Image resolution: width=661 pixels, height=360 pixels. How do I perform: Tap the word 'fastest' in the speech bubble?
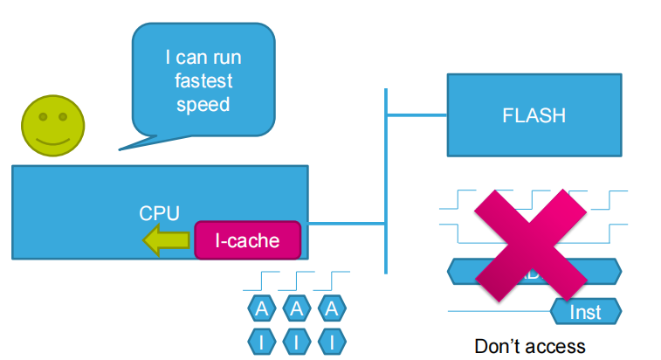pos(203,81)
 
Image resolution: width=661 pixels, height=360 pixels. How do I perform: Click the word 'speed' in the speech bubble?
pos(203,104)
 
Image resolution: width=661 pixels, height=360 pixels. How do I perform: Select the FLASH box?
pos(534,115)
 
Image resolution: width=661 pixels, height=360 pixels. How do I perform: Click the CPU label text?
pos(160,212)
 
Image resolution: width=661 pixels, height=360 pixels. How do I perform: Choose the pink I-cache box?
pos(248,240)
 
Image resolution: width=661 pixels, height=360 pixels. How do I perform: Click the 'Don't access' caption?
pos(530,346)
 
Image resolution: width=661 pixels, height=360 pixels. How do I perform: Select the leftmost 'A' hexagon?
pos(262,308)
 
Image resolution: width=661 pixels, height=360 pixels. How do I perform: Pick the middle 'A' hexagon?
pos(297,308)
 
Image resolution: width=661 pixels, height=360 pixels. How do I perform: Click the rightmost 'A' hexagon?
pos(331,308)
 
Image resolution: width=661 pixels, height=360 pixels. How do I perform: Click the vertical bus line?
pos(385,175)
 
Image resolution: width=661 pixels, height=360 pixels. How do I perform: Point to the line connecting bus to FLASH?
pos(416,114)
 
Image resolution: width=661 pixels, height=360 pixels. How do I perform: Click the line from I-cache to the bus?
pos(344,224)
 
